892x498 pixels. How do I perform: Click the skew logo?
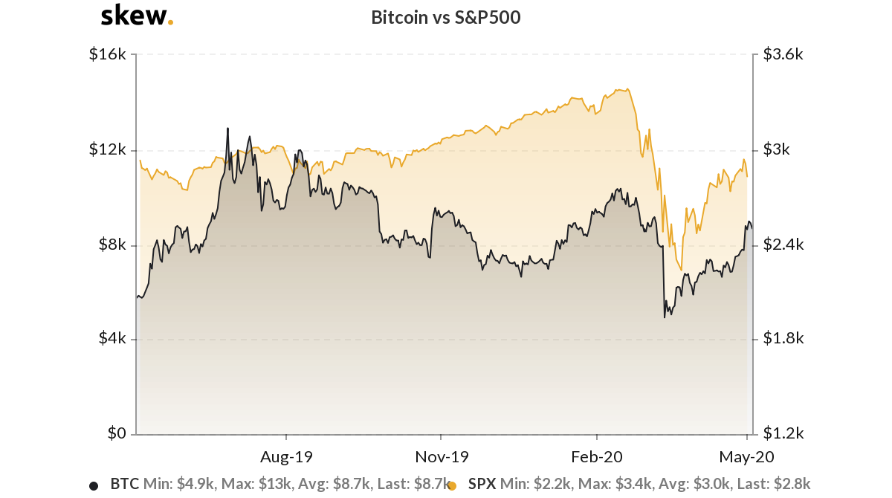(x=137, y=16)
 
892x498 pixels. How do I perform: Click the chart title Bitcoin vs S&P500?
(x=445, y=18)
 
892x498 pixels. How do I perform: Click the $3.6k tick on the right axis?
(x=783, y=55)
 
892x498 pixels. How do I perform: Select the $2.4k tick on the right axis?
(x=783, y=245)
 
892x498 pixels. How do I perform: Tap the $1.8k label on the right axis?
(x=783, y=339)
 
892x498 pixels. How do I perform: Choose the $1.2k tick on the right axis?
(x=783, y=433)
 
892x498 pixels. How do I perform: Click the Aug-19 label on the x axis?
(x=286, y=455)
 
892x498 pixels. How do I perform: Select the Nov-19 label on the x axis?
(x=442, y=455)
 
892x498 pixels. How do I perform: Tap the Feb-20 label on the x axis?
(x=596, y=455)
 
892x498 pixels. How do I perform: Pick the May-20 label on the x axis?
(x=746, y=455)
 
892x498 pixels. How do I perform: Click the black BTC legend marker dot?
(x=94, y=486)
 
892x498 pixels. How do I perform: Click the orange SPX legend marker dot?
(x=451, y=486)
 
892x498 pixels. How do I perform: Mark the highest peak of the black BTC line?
(x=227, y=128)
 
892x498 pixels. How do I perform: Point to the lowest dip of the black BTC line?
(x=664, y=318)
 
